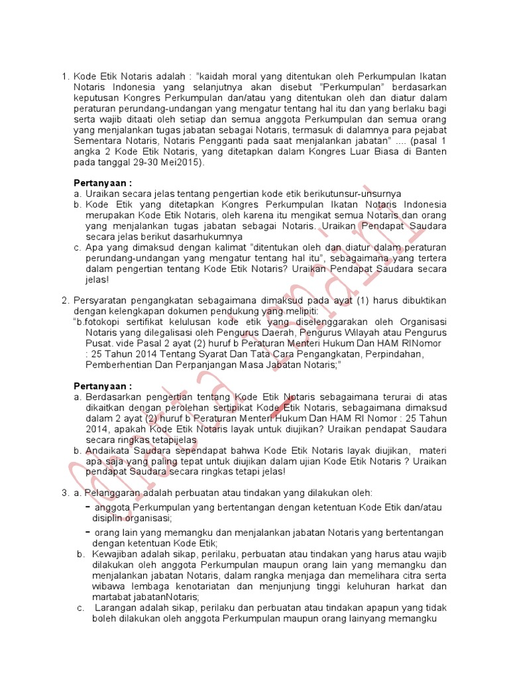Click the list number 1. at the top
pos(65,76)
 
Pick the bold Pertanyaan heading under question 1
pos(103,182)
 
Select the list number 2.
pos(65,300)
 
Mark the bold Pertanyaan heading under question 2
pos(103,386)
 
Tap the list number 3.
pos(65,493)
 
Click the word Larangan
pos(117,607)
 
